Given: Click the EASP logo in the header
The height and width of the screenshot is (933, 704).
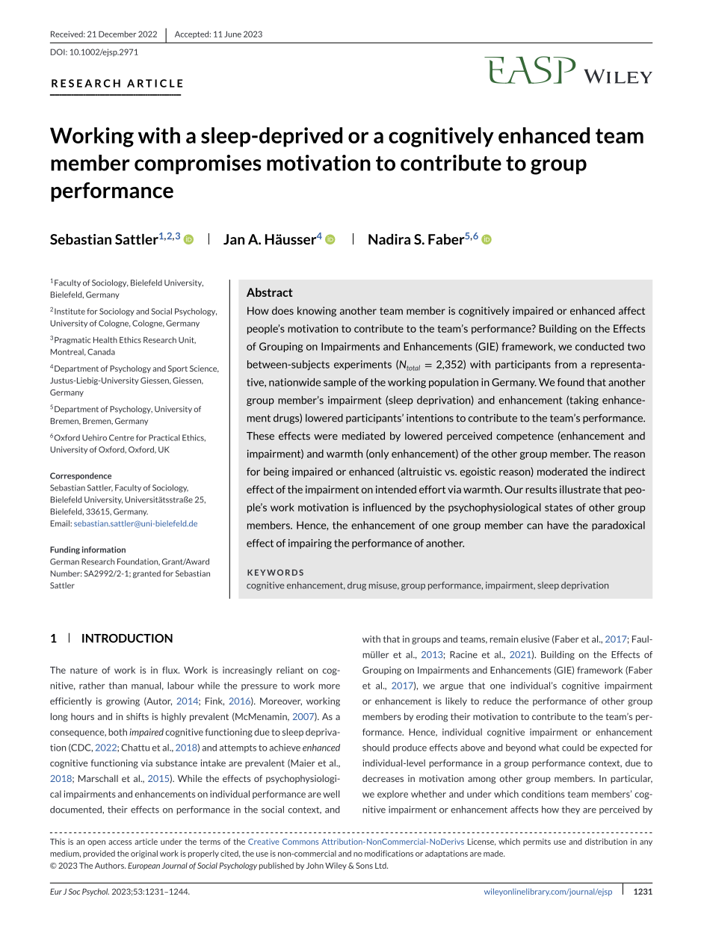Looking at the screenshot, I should [x=530, y=71].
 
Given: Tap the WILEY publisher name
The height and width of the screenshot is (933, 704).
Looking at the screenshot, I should [x=617, y=76].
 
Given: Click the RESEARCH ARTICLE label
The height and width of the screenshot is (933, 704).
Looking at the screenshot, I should [x=117, y=83].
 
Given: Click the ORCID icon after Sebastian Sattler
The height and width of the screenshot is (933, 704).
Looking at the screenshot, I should [x=188, y=240].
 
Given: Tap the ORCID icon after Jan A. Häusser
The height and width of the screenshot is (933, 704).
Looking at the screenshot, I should [x=330, y=240].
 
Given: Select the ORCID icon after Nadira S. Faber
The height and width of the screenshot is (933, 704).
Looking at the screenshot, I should [x=487, y=240].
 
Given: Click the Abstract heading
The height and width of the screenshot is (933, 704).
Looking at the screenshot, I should [x=270, y=292].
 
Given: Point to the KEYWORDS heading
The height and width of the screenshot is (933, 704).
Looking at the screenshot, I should [x=276, y=573].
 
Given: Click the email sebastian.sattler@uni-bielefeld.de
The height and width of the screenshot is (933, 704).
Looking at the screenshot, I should [x=135, y=524].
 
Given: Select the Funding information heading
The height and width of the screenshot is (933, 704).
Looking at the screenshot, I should [x=88, y=549].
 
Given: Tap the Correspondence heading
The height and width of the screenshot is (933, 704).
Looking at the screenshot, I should [x=81, y=475].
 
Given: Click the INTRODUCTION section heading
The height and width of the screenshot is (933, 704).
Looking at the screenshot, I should [x=126, y=638].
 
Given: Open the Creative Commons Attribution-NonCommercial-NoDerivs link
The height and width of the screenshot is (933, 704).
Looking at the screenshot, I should [x=356, y=842].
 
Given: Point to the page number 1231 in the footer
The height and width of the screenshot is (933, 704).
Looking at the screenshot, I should [x=643, y=891].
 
